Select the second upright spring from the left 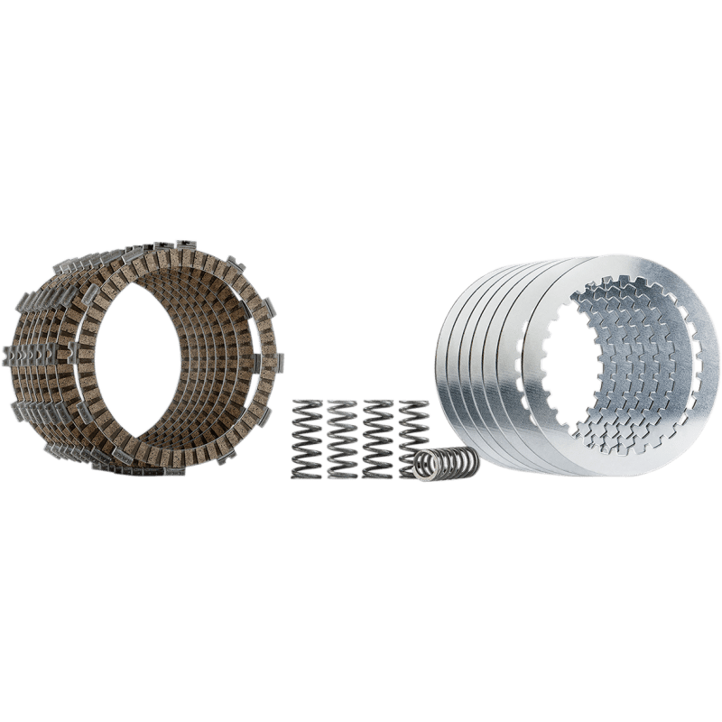point(341,438)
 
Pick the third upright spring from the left point(377,438)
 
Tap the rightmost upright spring point(413,429)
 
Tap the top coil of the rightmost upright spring point(413,402)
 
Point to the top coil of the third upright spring point(377,402)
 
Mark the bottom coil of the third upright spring point(377,475)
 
